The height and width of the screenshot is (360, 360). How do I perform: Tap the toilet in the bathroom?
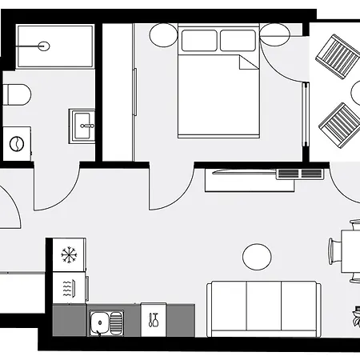16,95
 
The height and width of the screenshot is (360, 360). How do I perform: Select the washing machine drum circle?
15,143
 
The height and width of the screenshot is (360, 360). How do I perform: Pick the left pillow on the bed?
198,40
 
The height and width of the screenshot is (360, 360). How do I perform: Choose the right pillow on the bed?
238,40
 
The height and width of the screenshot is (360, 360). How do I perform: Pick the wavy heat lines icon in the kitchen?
67,286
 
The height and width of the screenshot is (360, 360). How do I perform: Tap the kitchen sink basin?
101,322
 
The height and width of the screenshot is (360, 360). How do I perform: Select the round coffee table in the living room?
257,257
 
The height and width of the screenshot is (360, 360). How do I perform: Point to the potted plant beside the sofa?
354,317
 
